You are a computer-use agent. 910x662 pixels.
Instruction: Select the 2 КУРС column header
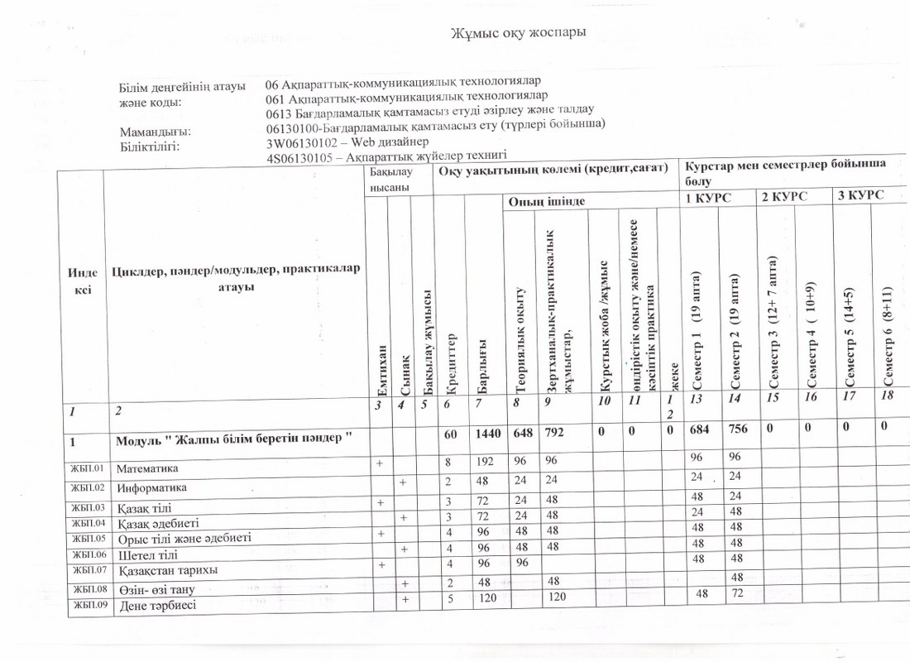(780, 198)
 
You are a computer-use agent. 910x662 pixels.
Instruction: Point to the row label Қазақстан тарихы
(162, 570)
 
